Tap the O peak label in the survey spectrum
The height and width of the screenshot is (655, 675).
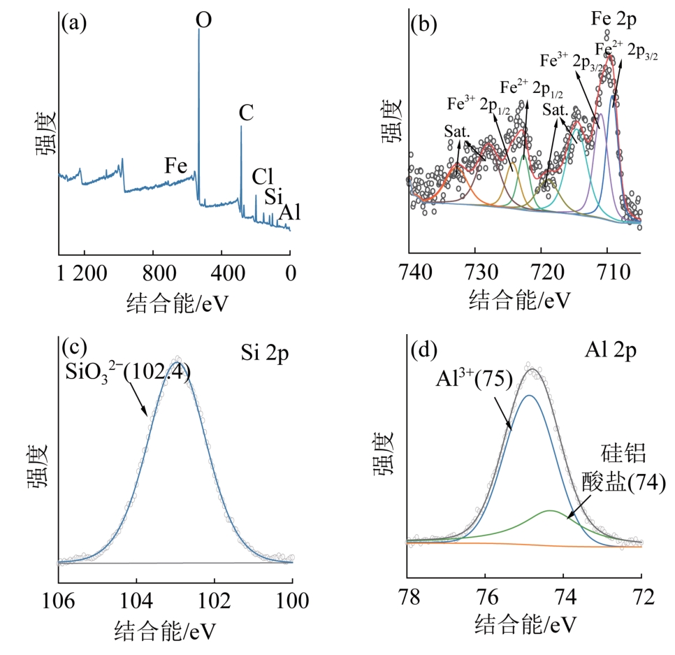(x=203, y=19)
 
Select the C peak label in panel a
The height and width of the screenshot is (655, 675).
(x=246, y=113)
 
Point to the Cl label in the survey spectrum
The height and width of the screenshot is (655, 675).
(x=263, y=175)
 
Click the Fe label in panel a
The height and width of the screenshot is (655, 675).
(x=177, y=166)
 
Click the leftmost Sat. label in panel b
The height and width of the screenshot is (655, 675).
(x=457, y=131)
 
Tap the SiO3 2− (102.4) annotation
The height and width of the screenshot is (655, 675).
(x=127, y=371)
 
